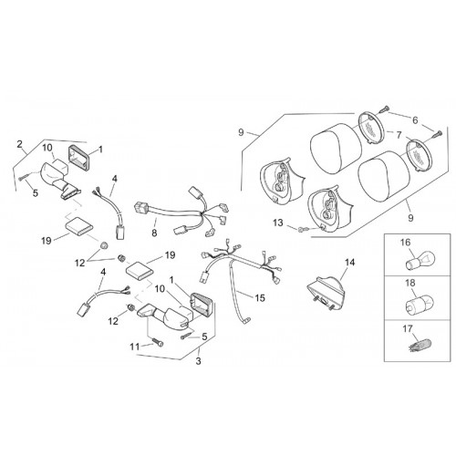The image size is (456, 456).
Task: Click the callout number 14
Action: tap(350, 262)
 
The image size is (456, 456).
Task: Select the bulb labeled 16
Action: tap(420, 261)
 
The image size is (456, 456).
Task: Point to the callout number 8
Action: tap(154, 233)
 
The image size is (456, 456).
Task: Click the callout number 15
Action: tap(260, 298)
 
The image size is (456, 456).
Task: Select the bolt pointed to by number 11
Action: tap(158, 343)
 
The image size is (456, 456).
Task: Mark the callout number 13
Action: tap(278, 223)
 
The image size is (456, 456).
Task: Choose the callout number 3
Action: tap(199, 361)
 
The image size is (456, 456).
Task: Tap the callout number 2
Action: tap(20, 144)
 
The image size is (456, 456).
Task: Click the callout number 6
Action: tap(415, 120)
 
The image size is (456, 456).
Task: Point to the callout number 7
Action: tap(399, 135)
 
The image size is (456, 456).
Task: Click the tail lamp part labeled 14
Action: tap(326, 291)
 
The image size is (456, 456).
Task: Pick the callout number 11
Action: tap(135, 347)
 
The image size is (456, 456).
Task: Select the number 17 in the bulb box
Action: tap(408, 329)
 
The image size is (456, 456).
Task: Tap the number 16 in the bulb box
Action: tap(406, 243)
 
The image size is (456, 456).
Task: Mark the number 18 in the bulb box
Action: tap(410, 283)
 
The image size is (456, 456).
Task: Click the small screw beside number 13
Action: tap(303, 228)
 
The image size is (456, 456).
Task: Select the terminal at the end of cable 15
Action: tap(247, 319)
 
